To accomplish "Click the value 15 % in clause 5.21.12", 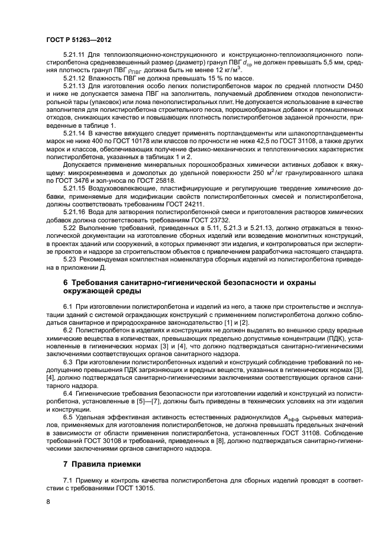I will click(195, 78).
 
